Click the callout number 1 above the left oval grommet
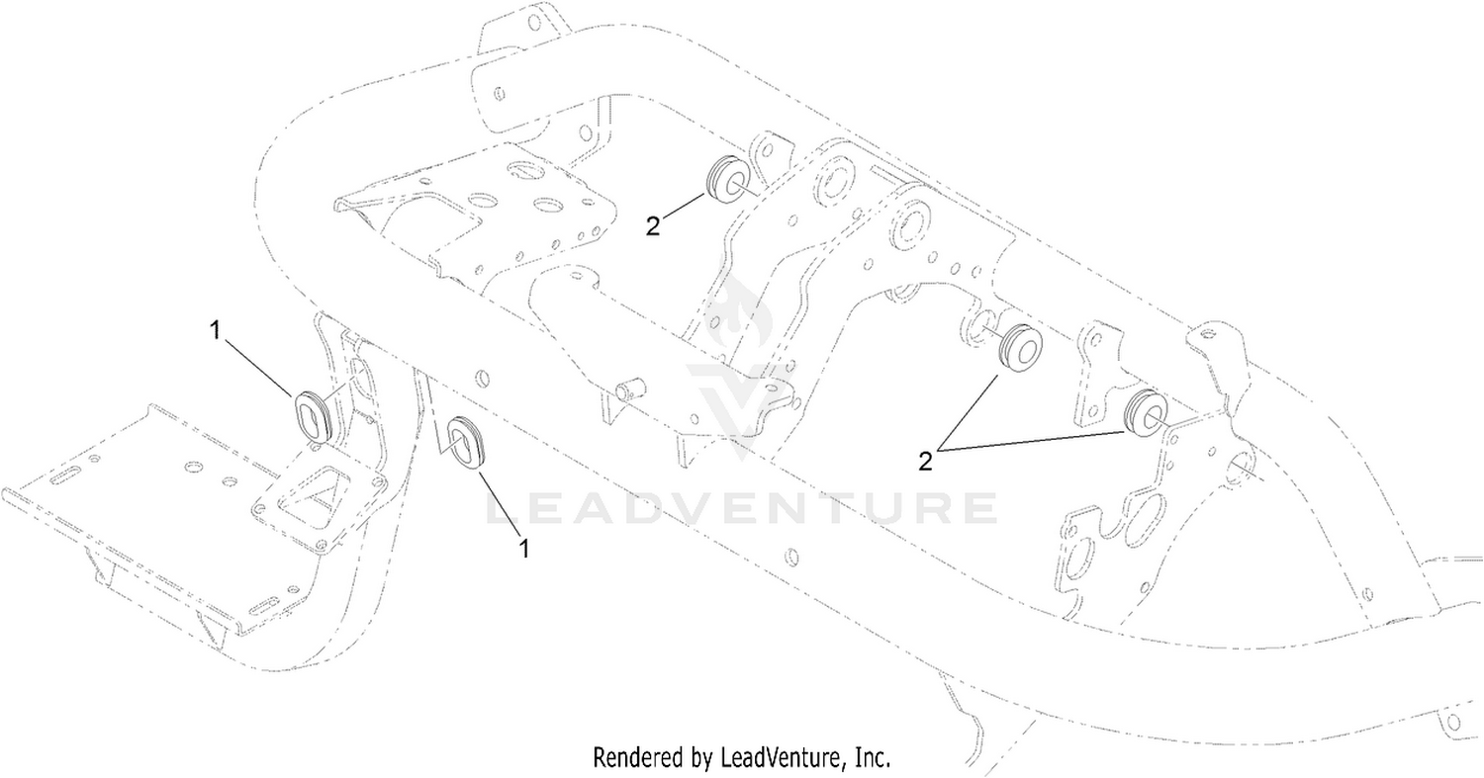(215, 330)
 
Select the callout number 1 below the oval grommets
(524, 549)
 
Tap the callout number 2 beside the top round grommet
(653, 226)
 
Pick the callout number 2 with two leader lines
(925, 461)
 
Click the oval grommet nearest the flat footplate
(313, 414)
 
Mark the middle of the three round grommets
(1020, 348)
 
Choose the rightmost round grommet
(1148, 413)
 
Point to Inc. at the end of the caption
(870, 756)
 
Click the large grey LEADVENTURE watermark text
(741, 508)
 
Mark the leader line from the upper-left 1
(259, 368)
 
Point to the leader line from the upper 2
(683, 205)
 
